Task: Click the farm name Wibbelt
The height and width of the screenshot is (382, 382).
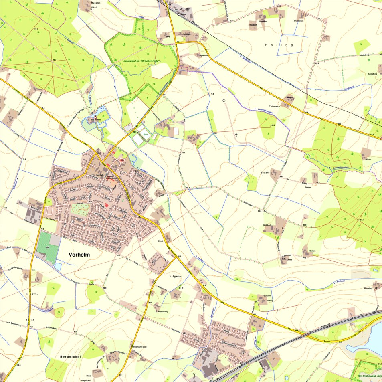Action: [267, 225]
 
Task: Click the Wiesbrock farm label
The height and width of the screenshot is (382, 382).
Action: [299, 20]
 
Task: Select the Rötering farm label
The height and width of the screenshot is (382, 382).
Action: [368, 288]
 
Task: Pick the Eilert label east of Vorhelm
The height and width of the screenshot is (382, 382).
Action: [160, 241]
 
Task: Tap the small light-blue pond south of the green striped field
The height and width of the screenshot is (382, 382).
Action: [59, 266]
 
